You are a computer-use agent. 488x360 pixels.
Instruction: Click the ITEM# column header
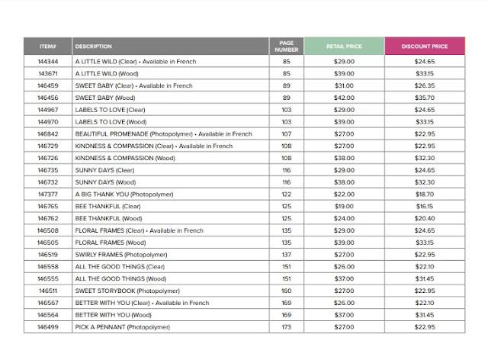48,47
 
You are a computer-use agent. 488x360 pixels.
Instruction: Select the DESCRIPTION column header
94,47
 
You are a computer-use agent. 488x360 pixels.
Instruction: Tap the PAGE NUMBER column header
287,47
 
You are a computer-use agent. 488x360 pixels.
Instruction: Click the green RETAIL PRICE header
343,47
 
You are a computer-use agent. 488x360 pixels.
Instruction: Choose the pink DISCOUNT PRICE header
424,47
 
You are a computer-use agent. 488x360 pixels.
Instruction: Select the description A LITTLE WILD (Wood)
108,74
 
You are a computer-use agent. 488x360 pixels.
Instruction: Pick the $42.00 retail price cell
343,98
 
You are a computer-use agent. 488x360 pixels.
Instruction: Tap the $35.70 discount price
424,98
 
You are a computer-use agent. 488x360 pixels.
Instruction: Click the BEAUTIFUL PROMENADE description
163,133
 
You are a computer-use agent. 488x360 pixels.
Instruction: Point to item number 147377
48,194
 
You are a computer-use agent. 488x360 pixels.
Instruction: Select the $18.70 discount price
424,194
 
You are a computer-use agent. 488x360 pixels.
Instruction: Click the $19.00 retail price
343,206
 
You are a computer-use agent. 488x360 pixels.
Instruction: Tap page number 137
287,254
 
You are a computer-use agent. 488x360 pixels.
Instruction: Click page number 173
287,326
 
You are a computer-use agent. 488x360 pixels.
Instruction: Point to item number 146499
48,326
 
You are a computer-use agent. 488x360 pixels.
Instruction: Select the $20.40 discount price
424,218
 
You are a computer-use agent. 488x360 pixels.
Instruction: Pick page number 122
287,194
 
